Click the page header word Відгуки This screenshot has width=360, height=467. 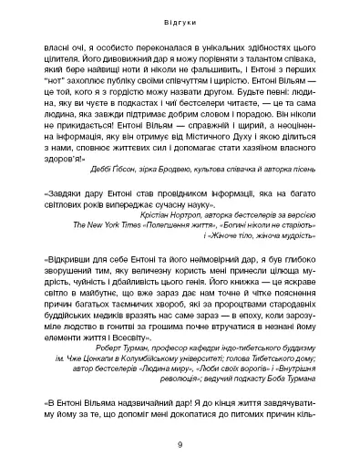pyautogui.click(x=180, y=18)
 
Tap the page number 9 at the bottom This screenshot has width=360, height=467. pyautogui.click(x=180, y=444)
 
